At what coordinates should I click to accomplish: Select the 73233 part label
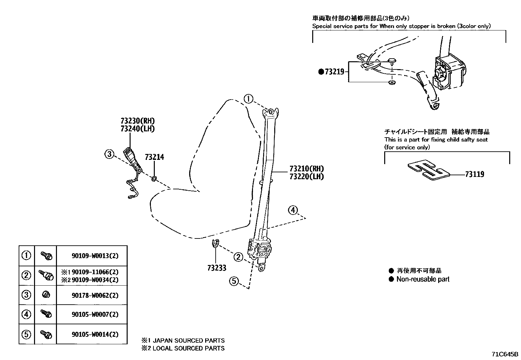[217, 268]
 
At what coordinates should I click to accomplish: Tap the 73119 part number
[475, 174]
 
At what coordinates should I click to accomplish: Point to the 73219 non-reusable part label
[334, 72]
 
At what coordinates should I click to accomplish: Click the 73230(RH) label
[137, 121]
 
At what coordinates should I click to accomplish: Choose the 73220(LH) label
[306, 177]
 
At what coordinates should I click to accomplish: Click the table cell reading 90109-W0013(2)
[95, 256]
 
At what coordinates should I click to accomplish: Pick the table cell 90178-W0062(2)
[95, 295]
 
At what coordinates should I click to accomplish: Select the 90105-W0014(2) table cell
[95, 334]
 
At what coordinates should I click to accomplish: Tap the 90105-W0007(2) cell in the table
[95, 314]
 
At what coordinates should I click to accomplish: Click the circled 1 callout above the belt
[248, 99]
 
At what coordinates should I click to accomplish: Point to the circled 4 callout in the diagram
[293, 210]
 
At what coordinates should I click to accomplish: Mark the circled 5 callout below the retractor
[234, 281]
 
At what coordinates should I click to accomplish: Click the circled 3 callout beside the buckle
[109, 154]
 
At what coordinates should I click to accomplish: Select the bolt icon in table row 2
[46, 275]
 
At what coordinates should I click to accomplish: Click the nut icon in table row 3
[46, 295]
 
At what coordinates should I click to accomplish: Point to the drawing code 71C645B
[505, 354]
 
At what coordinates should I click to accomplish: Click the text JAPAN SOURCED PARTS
[189, 341]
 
